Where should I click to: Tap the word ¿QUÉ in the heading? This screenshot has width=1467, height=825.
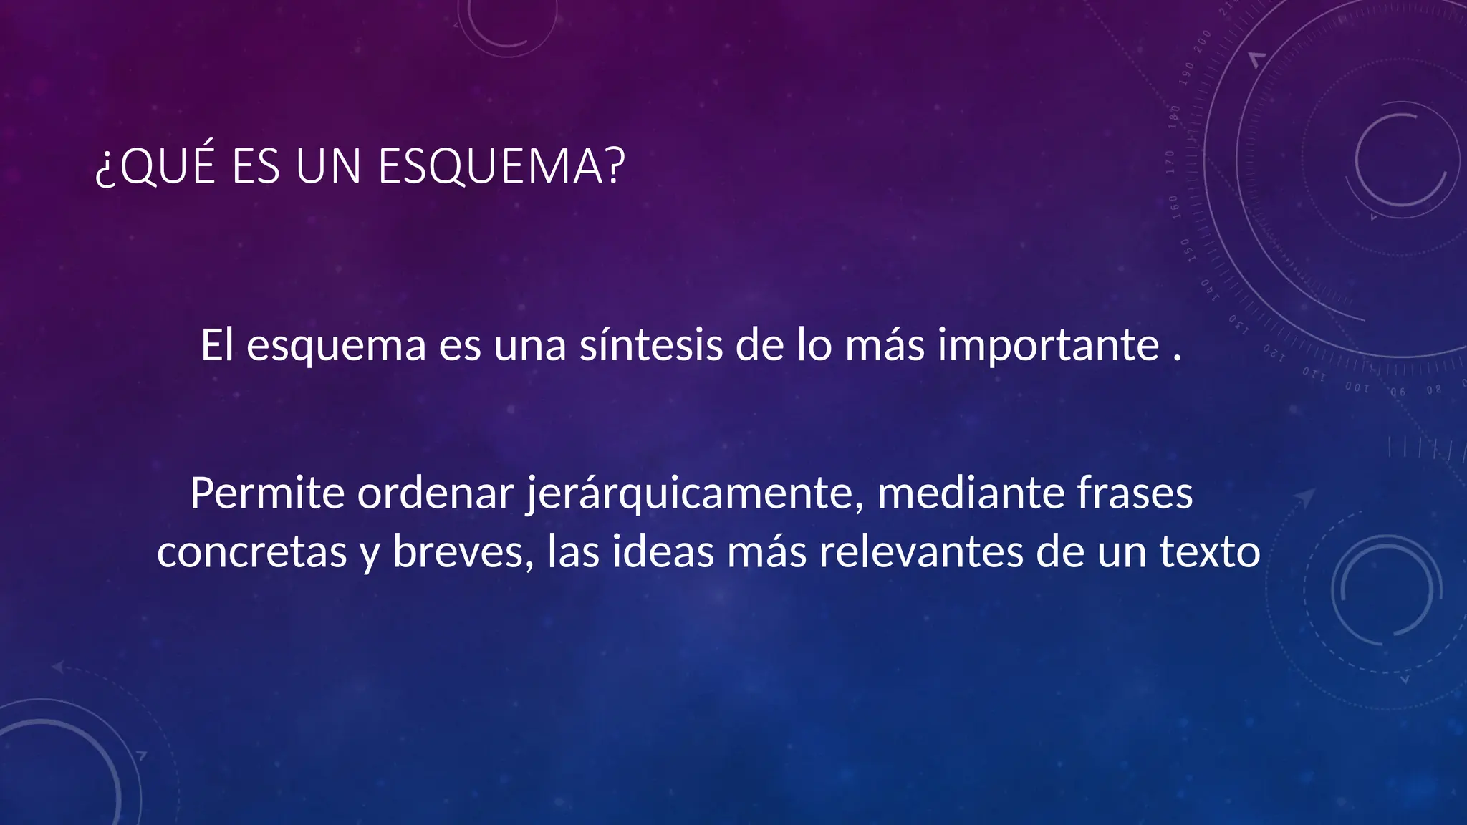click(155, 167)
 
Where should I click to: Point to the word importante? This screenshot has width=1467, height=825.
click(1049, 345)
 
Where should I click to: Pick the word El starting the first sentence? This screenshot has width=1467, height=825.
click(217, 345)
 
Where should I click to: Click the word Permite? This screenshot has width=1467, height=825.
click(267, 493)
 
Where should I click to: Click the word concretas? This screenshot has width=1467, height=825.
click(251, 552)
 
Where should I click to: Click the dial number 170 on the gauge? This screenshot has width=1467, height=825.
click(1170, 162)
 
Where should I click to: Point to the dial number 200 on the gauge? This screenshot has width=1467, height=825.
click(1202, 39)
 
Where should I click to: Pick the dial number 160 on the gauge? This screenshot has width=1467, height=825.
click(1174, 207)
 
